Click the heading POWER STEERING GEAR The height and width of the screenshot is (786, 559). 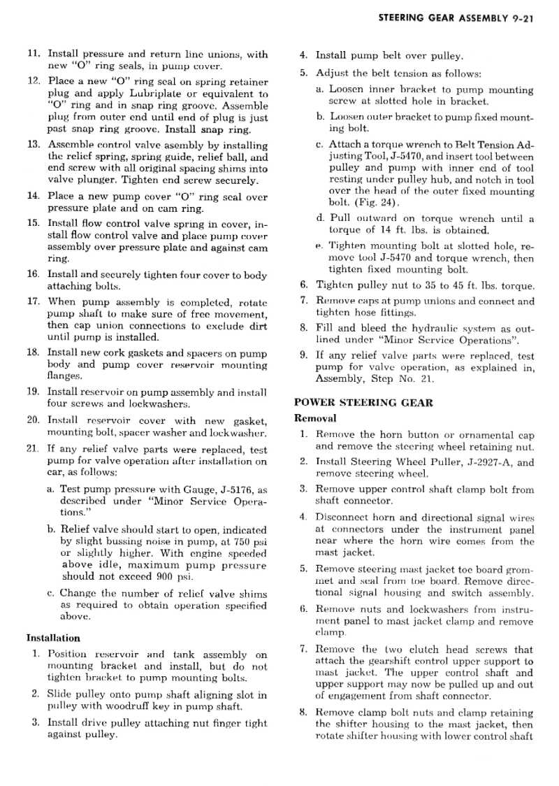[363, 402]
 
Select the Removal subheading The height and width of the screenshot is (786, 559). [315, 418]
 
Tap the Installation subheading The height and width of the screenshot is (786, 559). [53, 638]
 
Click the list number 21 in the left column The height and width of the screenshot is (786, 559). [32, 448]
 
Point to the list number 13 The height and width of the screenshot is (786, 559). [32, 145]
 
